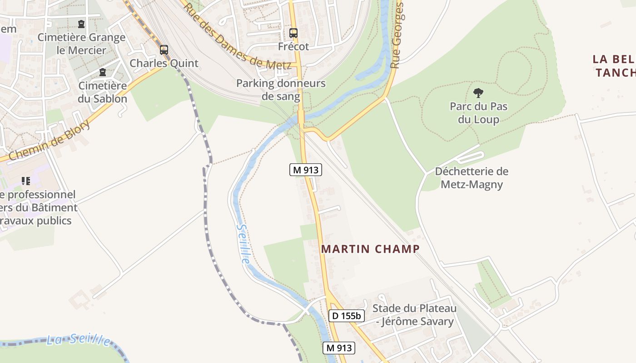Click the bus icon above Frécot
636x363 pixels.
[293, 33]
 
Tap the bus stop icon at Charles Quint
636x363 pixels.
[164, 50]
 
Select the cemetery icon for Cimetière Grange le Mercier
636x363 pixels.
[81, 24]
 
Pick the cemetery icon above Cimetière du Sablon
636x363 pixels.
[103, 72]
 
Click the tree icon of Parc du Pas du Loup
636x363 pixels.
[478, 93]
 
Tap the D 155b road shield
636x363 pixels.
[346, 315]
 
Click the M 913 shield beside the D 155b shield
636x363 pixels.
[338, 348]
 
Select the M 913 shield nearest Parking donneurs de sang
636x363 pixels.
[306, 170]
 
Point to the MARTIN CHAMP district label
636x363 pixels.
[370, 249]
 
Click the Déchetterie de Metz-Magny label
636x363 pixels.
[472, 178]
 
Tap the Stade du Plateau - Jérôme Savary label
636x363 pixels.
[414, 315]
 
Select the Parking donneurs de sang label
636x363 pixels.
[281, 90]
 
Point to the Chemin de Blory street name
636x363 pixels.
[49, 140]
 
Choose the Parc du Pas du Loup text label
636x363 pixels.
[478, 113]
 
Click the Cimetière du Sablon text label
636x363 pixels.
[103, 92]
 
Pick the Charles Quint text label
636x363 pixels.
[164, 63]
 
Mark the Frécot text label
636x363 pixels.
[293, 46]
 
